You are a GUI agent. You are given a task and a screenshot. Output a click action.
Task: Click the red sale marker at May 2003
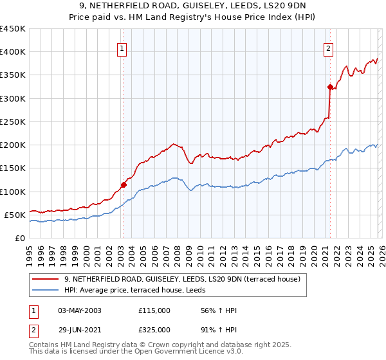click(124, 184)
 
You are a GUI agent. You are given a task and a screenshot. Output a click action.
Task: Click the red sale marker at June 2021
click(330, 87)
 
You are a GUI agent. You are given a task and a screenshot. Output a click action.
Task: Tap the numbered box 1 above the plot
click(122, 47)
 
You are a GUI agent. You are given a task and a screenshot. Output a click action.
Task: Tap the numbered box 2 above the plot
click(329, 47)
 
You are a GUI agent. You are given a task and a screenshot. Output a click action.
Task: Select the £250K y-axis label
click(13, 122)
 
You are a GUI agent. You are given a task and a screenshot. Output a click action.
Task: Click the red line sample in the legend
click(46, 279)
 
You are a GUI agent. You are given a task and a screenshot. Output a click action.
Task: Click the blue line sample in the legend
click(46, 290)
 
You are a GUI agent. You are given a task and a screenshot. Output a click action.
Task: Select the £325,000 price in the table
click(154, 329)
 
